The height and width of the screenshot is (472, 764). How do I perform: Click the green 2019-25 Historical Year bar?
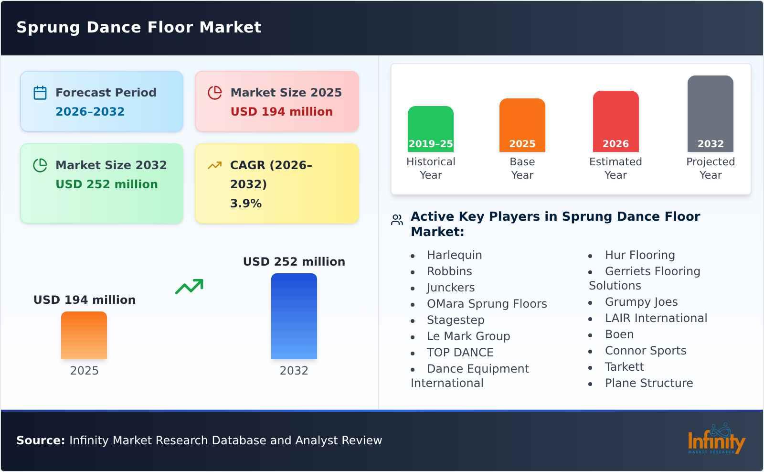point(430,129)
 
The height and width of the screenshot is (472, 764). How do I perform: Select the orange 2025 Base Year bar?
point(522,125)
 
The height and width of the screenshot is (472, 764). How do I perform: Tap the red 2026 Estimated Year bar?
point(615,121)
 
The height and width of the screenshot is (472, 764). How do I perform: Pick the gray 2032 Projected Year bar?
point(710,114)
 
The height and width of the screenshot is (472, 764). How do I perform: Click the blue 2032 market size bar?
point(294,316)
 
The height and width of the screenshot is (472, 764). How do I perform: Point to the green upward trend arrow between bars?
point(189,287)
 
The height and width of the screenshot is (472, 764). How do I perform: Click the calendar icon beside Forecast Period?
point(40,93)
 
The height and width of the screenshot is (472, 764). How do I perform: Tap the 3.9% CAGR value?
point(245,204)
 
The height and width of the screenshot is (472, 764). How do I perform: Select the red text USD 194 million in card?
point(281,112)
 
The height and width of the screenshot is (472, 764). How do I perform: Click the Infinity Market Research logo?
point(716,440)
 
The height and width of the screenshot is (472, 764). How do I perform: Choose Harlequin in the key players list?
point(454,255)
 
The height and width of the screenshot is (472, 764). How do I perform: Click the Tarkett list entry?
point(624,367)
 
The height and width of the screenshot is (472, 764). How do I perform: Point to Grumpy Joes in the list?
point(641,302)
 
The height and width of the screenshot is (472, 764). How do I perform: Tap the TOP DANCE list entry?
point(460,353)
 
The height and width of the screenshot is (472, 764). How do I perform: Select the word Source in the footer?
point(40,440)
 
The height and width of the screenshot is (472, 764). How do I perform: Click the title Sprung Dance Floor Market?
point(139,27)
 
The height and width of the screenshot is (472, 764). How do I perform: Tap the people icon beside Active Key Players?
point(397,220)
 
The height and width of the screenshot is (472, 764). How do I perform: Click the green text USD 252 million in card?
point(106,184)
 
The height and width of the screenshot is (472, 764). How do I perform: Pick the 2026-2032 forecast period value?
point(90,112)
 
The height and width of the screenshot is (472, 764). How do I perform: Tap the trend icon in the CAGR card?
point(214,165)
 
